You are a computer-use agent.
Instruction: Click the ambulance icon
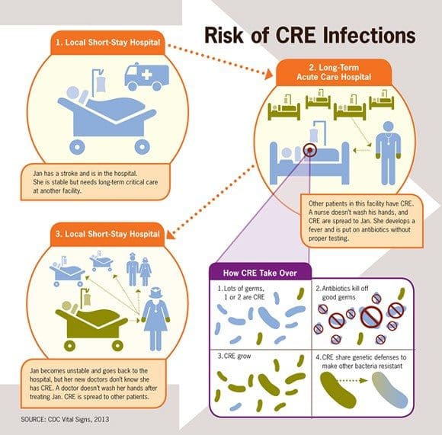pyautogui.click(x=146, y=77)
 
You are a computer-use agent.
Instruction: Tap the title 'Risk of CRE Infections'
pyautogui.click(x=310, y=35)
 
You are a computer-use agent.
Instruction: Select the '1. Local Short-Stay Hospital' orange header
pyautogui.click(x=107, y=43)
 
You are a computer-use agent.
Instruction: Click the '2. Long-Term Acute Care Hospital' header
pyautogui.click(x=334, y=72)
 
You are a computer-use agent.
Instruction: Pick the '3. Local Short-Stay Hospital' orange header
pyautogui.click(x=107, y=234)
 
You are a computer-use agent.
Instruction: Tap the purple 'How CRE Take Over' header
pyautogui.click(x=260, y=273)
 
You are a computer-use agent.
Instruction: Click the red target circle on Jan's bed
pyautogui.click(x=310, y=150)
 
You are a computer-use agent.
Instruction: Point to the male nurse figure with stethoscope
pyautogui.click(x=388, y=153)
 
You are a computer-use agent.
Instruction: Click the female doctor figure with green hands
pyautogui.click(x=155, y=319)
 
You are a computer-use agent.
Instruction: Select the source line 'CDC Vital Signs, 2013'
pyautogui.click(x=65, y=419)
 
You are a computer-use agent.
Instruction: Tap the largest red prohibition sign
pyautogui.click(x=372, y=317)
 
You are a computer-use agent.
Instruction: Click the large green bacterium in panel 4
pyautogui.click(x=338, y=389)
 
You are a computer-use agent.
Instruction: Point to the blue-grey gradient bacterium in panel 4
pyautogui.click(x=390, y=390)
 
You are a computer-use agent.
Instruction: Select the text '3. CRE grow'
pyautogui.click(x=234, y=356)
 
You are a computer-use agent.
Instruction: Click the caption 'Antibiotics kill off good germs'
pyautogui.click(x=342, y=293)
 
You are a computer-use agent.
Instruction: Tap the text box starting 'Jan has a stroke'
pyautogui.click(x=95, y=182)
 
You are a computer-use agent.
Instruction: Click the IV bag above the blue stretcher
pyautogui.click(x=101, y=85)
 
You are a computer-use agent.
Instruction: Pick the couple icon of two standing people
pyautogui.click(x=139, y=270)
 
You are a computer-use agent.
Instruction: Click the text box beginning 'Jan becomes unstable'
pyautogui.click(x=93, y=383)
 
